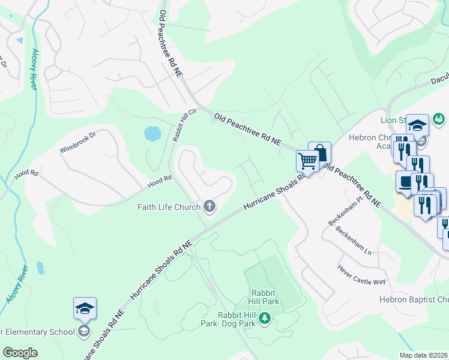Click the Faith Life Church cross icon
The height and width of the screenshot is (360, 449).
click(209, 207)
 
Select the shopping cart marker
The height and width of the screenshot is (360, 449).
click(307, 160)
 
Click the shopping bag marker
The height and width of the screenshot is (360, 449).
click(319, 152)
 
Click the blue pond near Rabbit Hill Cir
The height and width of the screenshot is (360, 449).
click(152, 133)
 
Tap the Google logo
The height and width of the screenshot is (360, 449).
click(20, 353)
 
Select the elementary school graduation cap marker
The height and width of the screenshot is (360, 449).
click(85, 308)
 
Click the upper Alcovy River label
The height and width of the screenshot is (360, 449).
click(34, 70)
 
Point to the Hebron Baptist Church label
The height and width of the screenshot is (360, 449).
click(414, 299)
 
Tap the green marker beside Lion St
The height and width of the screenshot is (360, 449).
click(438, 118)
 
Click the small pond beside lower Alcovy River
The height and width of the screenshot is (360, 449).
click(40, 268)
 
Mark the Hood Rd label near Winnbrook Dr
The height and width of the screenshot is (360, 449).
click(26, 173)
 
